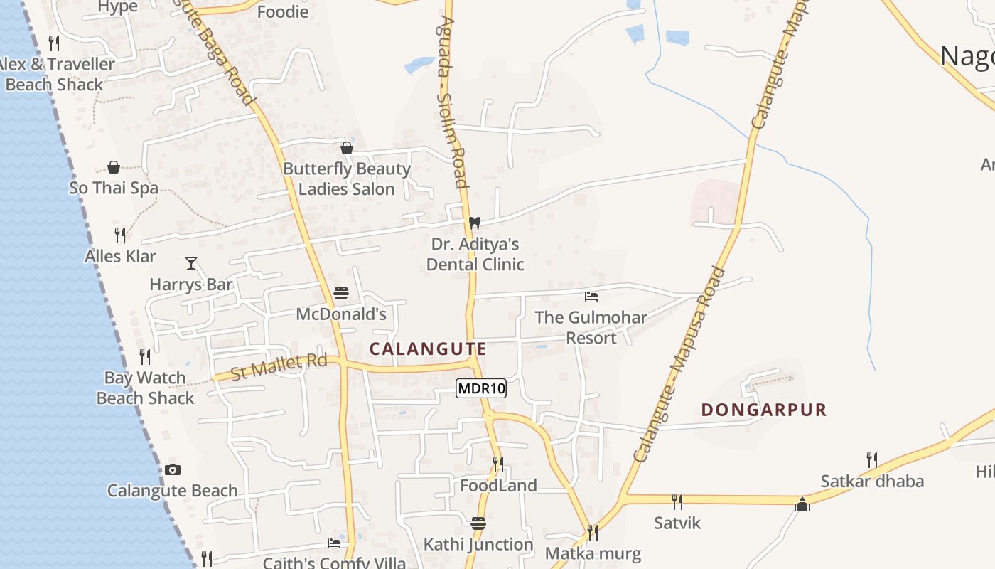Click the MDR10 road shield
[481, 388]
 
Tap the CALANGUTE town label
[428, 349]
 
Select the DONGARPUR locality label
[764, 410]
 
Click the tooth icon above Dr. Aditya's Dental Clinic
[475, 223]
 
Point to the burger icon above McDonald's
[341, 293]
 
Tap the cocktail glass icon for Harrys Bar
[191, 263]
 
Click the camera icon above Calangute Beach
[173, 469]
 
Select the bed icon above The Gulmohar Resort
[591, 296]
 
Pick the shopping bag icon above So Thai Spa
[114, 167]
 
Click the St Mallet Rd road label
[279, 367]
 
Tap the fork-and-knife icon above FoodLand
[498, 464]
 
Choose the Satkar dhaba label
[872, 482]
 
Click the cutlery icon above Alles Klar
[121, 235]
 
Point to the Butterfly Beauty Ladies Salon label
[347, 179]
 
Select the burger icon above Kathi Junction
[478, 523]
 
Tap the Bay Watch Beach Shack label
[145, 388]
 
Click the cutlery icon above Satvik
[677, 502]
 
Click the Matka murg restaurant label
[593, 553]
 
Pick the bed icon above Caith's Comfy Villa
[334, 543]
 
